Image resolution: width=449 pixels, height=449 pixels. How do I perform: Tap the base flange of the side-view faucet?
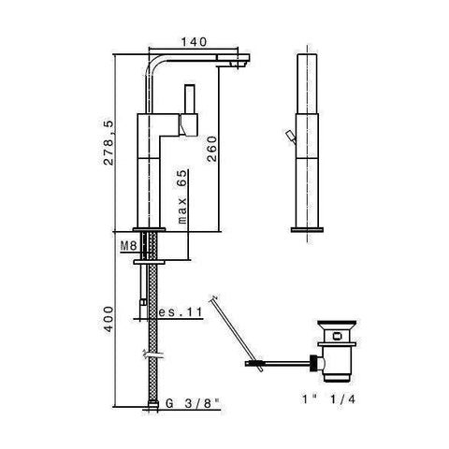click(152, 230)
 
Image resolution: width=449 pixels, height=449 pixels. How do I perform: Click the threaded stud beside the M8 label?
click(151, 249)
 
